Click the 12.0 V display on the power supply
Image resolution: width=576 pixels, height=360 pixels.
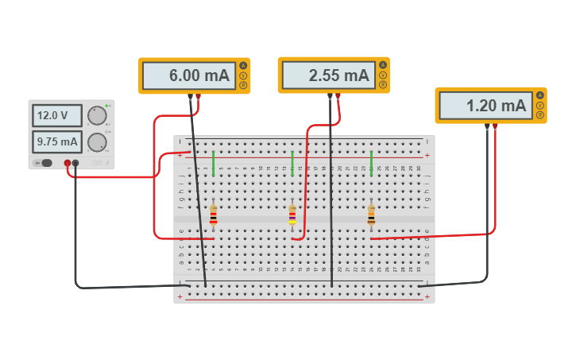[56, 115]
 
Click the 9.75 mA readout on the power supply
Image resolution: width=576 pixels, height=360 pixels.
[56, 142]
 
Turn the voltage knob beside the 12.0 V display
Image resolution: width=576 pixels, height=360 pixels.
[97, 116]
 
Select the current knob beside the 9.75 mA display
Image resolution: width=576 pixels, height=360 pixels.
[97, 142]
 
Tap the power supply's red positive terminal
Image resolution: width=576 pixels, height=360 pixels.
[68, 163]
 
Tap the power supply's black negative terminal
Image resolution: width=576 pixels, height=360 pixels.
[75, 163]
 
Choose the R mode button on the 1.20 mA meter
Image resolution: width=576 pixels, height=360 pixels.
[540, 115]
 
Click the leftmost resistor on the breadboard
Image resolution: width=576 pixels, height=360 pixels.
[213, 215]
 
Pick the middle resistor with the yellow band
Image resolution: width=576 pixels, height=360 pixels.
[292, 215]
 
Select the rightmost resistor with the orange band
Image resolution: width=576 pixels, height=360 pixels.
[371, 215]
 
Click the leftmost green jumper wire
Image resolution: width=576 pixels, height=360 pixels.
[213, 163]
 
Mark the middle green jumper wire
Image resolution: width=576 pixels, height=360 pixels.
[292, 163]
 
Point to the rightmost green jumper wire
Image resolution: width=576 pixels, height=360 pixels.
[371, 163]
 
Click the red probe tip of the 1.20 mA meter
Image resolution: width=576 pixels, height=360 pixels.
[495, 126]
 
